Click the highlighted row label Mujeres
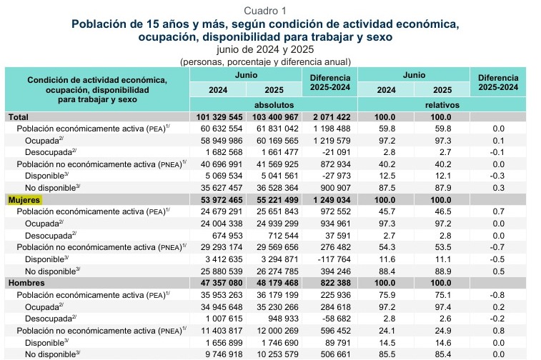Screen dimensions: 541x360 [24, 200]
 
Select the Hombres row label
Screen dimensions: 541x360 [26, 283]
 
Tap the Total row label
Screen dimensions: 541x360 [19, 117]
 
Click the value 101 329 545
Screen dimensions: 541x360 [219, 117]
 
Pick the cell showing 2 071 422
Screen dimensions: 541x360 [332, 117]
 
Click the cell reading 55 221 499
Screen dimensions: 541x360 [275, 200]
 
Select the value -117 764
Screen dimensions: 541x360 [334, 259]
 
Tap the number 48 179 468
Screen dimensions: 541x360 [275, 283]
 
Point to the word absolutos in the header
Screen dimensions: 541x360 [274, 105]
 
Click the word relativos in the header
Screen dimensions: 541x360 [442, 105]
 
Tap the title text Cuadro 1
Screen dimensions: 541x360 [265, 11]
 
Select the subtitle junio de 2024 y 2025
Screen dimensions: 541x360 [265, 50]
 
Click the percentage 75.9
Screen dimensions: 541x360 [387, 295]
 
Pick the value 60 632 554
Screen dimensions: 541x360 [222, 129]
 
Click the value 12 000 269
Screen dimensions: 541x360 [277, 331]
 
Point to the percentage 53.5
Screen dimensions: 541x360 [443, 248]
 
